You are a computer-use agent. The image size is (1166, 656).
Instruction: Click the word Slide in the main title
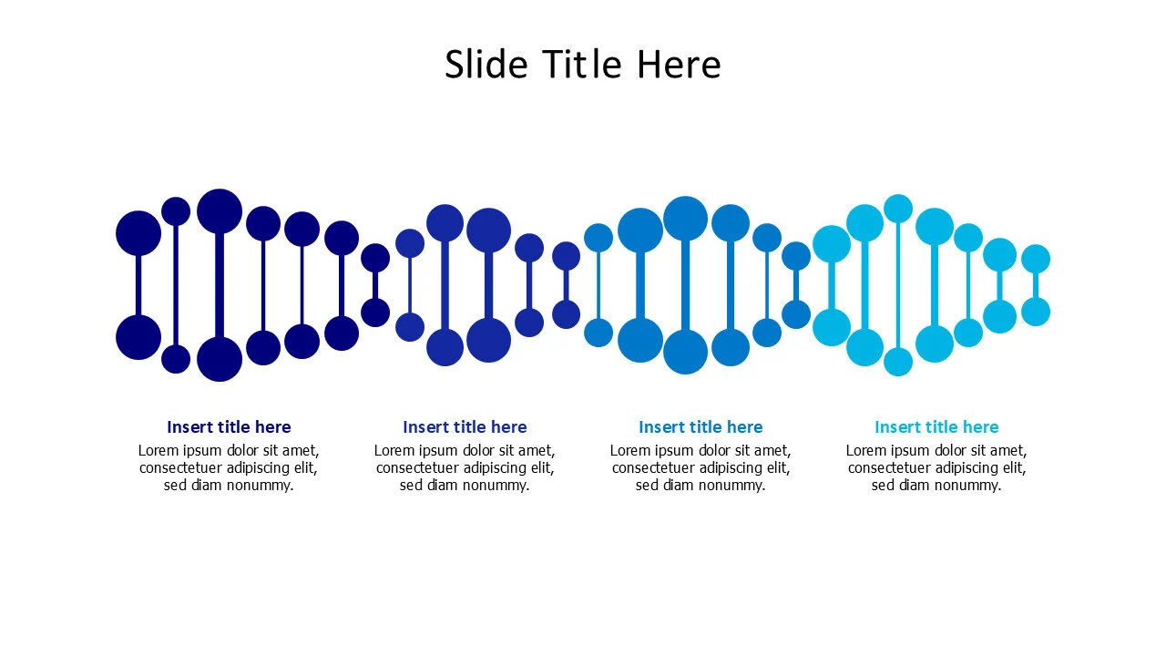pos(486,64)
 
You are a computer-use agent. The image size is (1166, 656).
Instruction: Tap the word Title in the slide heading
pos(582,64)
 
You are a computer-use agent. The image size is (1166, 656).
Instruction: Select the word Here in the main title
pos(679,64)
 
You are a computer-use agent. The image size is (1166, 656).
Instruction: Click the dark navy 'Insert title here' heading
pos(229,427)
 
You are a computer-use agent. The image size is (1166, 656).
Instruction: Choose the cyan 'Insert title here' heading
pos(936,427)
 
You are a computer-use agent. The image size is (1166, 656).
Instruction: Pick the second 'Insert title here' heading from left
pos(465,427)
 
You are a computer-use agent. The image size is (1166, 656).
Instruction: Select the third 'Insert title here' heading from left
pos(701,427)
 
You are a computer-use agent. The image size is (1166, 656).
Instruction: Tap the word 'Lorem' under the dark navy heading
pos(159,450)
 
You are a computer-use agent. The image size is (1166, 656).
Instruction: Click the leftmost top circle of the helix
pos(138,233)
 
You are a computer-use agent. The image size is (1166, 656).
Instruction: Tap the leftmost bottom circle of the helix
pos(138,337)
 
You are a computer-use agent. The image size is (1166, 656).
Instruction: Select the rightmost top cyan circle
pos(1036,259)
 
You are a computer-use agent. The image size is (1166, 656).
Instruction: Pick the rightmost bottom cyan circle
pos(1036,312)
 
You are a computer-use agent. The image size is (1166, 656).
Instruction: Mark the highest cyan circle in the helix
pos(898,209)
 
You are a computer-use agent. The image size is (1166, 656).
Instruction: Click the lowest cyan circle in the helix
pos(898,362)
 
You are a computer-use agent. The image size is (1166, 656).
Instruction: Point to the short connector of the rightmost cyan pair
pos(1036,285)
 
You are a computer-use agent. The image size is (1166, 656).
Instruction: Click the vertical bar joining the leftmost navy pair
pos(138,285)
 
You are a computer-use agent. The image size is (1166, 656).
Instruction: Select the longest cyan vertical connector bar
pos(898,285)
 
